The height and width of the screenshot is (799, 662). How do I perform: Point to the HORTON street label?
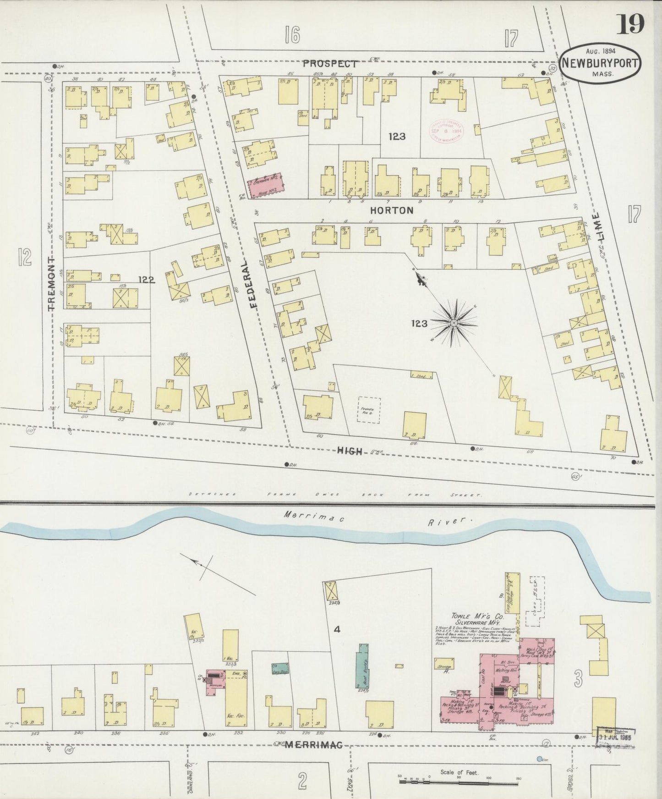coord(392,210)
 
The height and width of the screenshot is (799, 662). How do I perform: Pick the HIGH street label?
coord(350,452)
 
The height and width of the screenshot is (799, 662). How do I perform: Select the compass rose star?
coord(454,323)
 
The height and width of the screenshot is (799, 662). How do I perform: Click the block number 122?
coord(146,279)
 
